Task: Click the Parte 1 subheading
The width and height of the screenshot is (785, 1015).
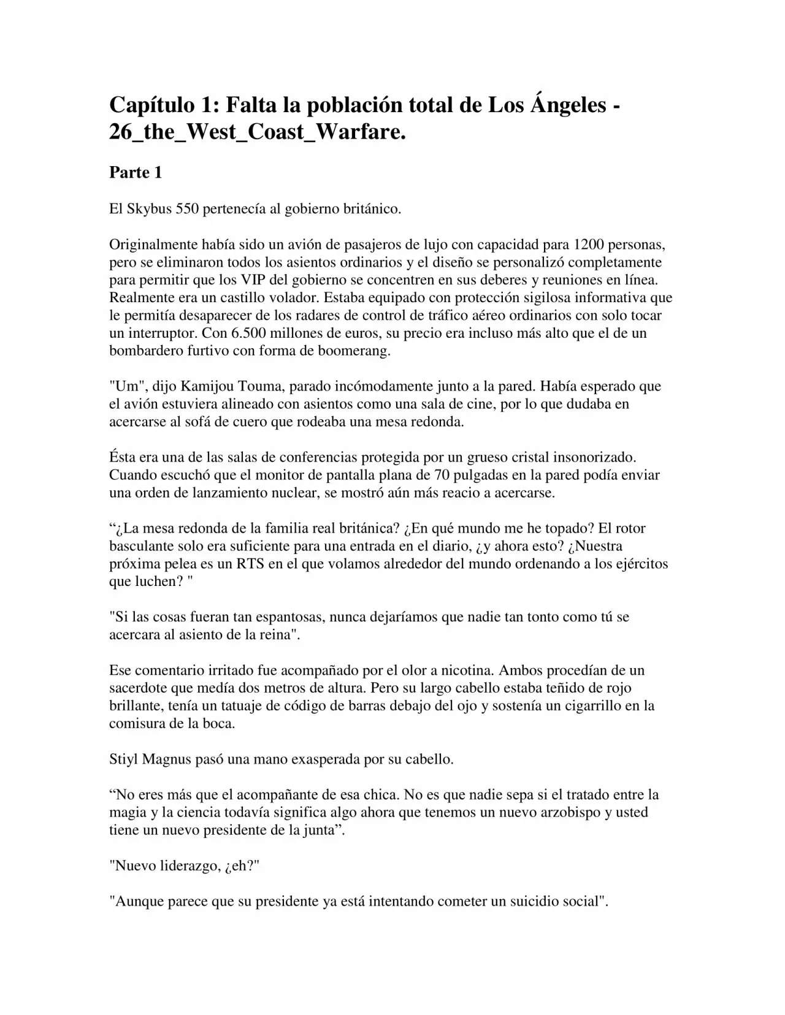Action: click(x=136, y=173)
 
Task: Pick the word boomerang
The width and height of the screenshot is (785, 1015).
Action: click(x=357, y=351)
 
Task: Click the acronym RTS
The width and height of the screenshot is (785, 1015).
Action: click(x=250, y=564)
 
